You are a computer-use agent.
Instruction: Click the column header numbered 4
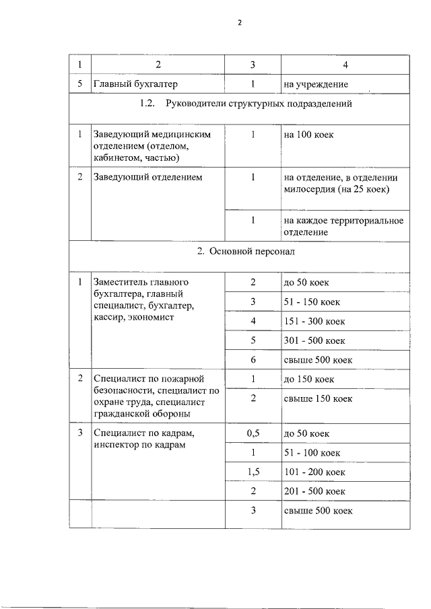345,65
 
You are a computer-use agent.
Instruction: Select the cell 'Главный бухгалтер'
135,85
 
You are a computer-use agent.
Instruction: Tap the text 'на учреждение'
316,85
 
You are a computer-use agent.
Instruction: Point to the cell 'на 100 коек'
309,135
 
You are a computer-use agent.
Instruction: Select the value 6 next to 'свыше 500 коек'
253,360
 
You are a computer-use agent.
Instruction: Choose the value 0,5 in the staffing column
253,433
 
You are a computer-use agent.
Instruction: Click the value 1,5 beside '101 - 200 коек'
253,472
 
